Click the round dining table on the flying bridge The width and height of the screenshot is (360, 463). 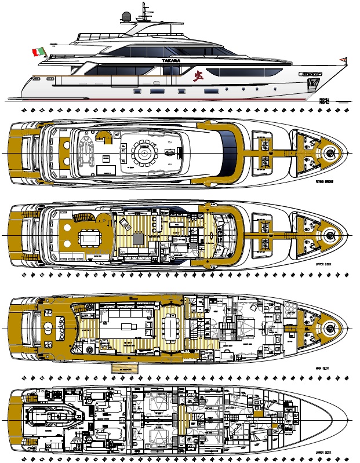(x=143, y=152)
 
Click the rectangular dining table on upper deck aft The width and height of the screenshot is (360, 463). (x=89, y=236)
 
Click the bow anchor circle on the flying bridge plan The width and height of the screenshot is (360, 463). (x=330, y=152)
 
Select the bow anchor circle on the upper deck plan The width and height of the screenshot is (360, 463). (x=330, y=235)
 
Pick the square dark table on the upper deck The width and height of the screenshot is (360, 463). (x=139, y=237)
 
